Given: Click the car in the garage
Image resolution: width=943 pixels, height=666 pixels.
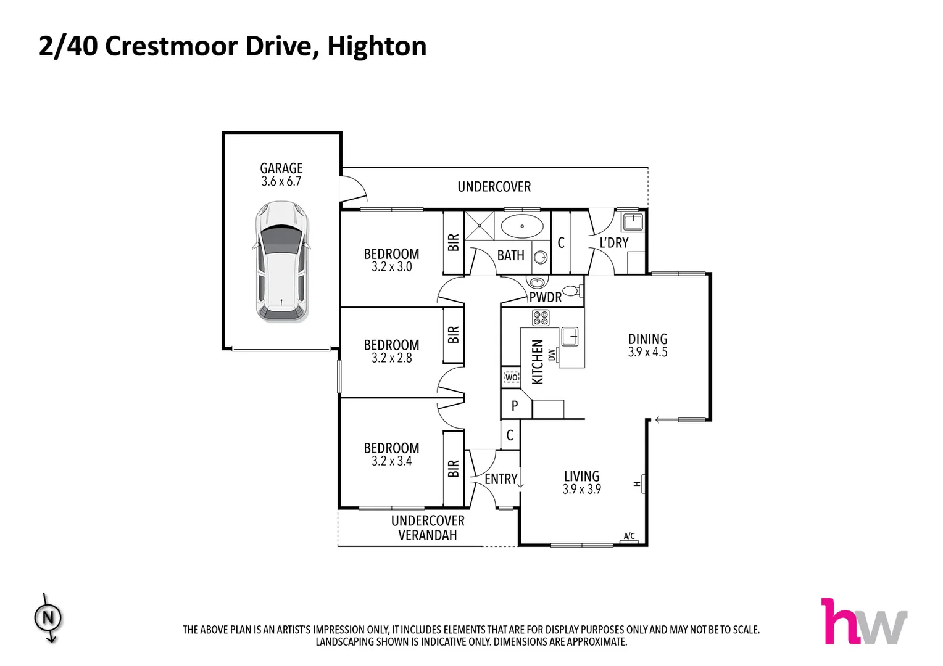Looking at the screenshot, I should tap(281, 261).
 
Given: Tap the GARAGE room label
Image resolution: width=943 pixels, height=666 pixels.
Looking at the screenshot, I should tap(281, 168).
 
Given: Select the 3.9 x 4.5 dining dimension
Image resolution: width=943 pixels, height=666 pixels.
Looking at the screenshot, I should tap(647, 353).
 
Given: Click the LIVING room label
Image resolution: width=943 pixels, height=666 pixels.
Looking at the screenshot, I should tap(581, 476).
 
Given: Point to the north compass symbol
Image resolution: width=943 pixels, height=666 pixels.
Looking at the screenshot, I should tap(48, 617).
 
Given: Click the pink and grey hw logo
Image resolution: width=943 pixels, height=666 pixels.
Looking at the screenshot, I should tap(863, 622).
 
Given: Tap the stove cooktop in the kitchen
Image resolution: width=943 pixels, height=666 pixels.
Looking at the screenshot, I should tap(541, 318).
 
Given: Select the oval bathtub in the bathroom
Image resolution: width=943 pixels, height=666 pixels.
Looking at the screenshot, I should tap(522, 226).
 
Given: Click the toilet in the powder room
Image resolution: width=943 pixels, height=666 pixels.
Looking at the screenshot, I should tap(572, 290).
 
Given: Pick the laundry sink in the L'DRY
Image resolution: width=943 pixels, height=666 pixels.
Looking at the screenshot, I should tap(632, 221).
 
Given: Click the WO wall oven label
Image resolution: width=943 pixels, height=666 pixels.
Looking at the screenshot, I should tap(511, 377).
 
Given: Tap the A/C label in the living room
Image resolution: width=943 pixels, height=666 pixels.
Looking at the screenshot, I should tap(629, 536).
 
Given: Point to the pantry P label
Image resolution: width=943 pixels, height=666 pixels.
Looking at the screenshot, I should tap(515, 406).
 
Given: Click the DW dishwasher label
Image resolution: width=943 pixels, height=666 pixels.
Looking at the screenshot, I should tap(552, 355).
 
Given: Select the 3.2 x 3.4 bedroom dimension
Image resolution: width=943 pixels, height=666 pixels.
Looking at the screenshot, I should tap(391, 461).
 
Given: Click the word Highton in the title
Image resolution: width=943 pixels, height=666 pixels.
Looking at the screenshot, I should tap(376, 46).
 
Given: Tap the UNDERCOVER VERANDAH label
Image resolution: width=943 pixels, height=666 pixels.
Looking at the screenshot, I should tap(428, 528).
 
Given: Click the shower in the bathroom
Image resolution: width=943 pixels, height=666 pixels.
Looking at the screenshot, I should tap(480, 226).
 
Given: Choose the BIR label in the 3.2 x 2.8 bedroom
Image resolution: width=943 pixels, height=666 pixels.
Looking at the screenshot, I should tap(454, 335).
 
